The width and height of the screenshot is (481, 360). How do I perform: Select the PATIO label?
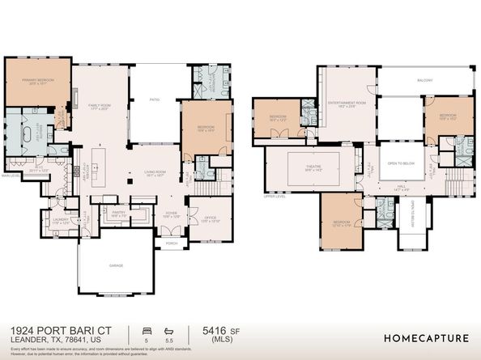pyautogui.click(x=154, y=101)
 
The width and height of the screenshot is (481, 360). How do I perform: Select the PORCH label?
pyautogui.click(x=171, y=243)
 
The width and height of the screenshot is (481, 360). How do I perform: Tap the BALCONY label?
pyautogui.click(x=425, y=80)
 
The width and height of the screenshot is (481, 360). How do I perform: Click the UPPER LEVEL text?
pyautogui.click(x=275, y=197)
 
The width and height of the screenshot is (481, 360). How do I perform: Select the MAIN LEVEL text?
pyautogui.click(x=11, y=175)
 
